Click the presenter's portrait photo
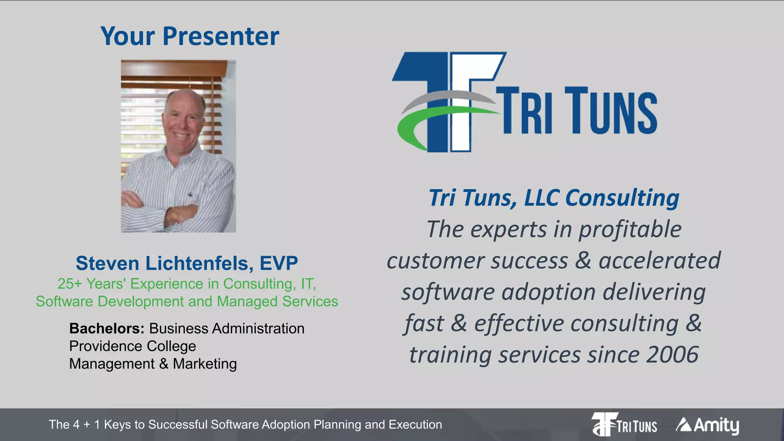point(178,146)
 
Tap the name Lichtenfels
point(199,263)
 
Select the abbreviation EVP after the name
point(279,263)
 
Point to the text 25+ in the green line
point(70,284)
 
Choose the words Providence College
point(132,346)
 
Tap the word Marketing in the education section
point(205,364)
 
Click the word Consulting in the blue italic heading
point(622,198)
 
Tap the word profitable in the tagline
point(630,229)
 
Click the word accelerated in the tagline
point(659,261)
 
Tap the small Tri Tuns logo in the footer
point(624,425)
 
